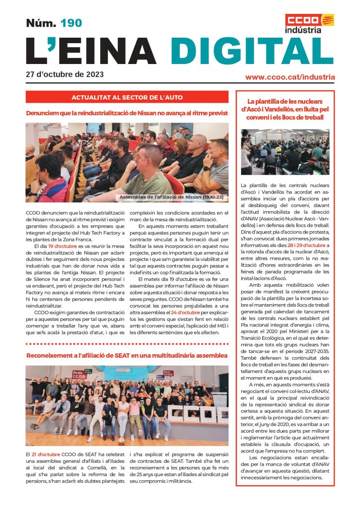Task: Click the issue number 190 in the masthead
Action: (x=71, y=23)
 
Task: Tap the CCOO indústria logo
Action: (x=309, y=23)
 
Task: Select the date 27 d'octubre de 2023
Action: (x=65, y=75)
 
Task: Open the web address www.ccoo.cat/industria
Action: (x=290, y=77)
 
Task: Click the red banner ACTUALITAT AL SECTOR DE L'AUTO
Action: (x=127, y=97)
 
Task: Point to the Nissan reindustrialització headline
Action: (x=127, y=113)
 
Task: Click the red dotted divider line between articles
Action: (x=127, y=343)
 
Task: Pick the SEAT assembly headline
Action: (x=127, y=356)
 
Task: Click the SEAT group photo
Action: (x=127, y=406)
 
